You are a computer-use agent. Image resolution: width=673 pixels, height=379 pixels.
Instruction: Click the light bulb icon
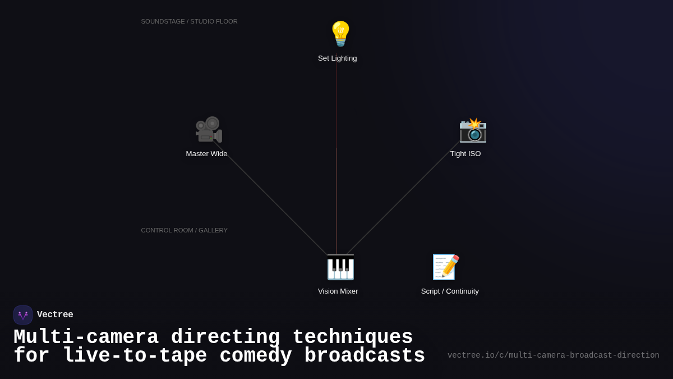pyautogui.click(x=340, y=34)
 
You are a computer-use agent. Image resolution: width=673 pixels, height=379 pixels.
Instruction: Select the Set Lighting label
pyautogui.click(x=338, y=58)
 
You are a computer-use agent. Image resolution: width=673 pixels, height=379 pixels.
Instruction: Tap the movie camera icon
pyautogui.click(x=209, y=130)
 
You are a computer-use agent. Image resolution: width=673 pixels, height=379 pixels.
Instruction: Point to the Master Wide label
pyautogui.click(x=207, y=154)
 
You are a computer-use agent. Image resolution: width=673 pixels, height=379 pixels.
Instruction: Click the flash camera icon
pyautogui.click(x=473, y=130)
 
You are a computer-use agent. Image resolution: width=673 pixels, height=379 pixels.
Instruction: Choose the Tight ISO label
pyautogui.click(x=465, y=154)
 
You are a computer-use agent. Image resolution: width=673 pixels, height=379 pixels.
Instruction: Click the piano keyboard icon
pyautogui.click(x=340, y=267)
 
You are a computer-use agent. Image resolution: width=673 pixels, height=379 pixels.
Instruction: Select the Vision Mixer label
pyautogui.click(x=338, y=291)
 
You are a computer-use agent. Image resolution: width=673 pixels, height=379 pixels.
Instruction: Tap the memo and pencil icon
pyautogui.click(x=446, y=267)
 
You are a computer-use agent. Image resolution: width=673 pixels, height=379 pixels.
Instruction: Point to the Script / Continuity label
pyautogui.click(x=450, y=291)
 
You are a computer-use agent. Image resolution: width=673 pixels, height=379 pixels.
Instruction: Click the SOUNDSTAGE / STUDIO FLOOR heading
pyautogui.click(x=190, y=22)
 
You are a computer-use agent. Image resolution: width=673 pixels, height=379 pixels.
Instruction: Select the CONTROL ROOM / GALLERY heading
pyautogui.click(x=184, y=230)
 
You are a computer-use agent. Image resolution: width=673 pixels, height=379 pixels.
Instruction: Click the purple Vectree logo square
pyautogui.click(x=23, y=315)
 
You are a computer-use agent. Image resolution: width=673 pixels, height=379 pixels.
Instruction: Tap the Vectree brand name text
pyautogui.click(x=55, y=314)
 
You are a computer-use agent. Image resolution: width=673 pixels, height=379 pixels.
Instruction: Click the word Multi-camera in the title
pyautogui.click(x=86, y=337)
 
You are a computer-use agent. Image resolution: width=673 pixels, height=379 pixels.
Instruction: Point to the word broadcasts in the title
pyautogui.click(x=365, y=355)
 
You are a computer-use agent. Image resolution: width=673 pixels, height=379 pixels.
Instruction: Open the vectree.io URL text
pyautogui.click(x=554, y=355)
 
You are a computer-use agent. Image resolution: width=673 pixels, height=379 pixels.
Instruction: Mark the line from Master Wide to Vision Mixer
pyautogui.click(x=270, y=198)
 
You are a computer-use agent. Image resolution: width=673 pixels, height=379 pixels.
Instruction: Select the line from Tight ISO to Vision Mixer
pyautogui.click(x=403, y=198)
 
